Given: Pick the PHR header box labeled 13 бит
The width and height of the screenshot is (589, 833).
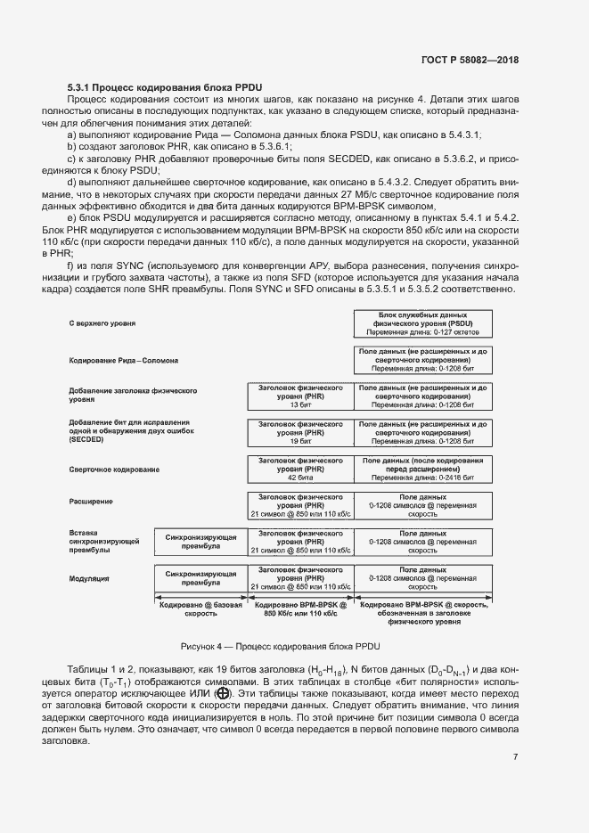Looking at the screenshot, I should [x=300, y=395].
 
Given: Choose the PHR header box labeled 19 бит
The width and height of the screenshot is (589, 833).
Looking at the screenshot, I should [x=300, y=431].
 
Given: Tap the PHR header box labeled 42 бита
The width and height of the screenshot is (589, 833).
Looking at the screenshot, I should [x=300, y=468].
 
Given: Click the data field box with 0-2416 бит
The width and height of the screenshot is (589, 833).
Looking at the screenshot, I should [x=422, y=468].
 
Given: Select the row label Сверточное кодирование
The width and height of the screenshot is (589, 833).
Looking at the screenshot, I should [x=114, y=469].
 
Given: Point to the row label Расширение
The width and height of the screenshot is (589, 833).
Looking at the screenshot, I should [x=90, y=502].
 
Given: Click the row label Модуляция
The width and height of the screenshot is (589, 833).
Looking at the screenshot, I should [x=89, y=578].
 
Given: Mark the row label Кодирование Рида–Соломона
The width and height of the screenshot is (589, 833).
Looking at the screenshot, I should [x=123, y=361].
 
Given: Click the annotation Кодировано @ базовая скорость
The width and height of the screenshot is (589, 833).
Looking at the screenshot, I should [x=200, y=608].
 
